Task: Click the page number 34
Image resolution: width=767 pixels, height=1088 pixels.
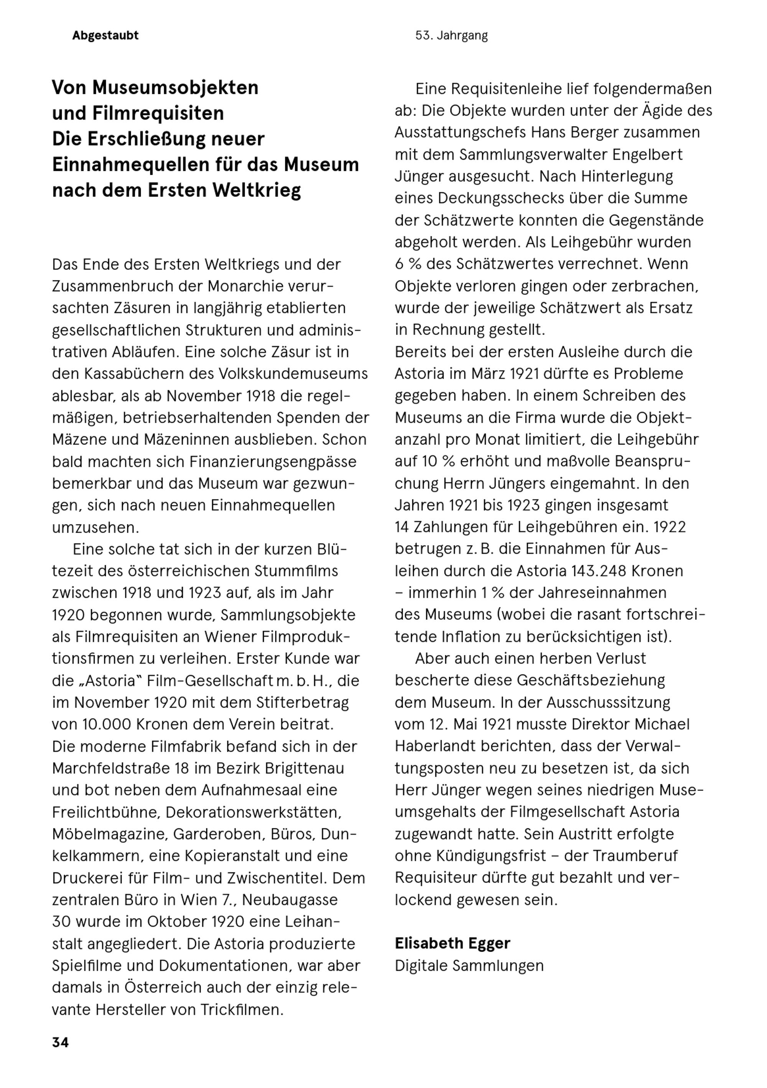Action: point(60,1042)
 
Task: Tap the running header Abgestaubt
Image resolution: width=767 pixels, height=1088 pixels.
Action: point(105,36)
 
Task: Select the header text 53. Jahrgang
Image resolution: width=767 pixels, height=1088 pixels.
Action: point(451,36)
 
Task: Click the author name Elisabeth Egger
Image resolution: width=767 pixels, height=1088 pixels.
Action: point(452,943)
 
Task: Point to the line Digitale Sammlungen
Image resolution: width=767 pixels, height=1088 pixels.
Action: point(469,965)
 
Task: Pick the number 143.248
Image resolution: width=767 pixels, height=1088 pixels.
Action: point(599,571)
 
